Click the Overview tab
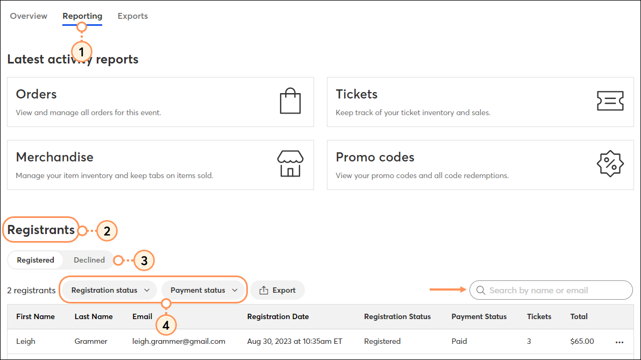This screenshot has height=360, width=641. [29, 16]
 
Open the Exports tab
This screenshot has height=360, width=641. [133, 16]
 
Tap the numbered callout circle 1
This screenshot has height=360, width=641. [81, 52]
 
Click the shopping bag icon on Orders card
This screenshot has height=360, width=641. [290, 101]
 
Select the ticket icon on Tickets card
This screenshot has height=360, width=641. [610, 101]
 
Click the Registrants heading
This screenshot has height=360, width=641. [41, 230]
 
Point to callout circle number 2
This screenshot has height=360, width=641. [106, 231]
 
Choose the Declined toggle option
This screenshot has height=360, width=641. [89, 260]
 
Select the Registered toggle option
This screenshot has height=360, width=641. [35, 260]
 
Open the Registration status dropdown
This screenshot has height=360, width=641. [110, 290]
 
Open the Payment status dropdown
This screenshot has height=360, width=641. [204, 290]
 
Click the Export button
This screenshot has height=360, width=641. [277, 290]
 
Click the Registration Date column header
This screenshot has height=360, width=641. [277, 316]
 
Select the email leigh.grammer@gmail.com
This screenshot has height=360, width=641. [179, 341]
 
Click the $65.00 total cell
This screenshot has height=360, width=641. [582, 341]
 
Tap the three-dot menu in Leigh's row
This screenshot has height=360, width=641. [619, 342]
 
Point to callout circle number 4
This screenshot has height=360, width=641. [166, 325]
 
